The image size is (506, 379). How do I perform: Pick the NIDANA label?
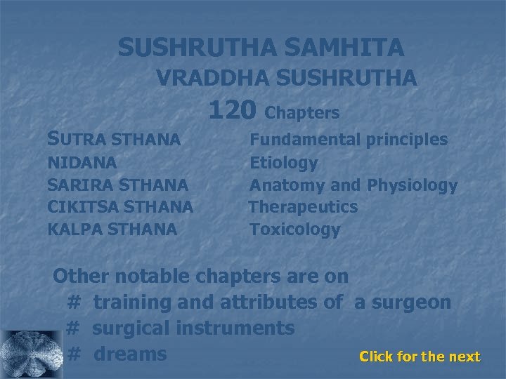pyautogui.click(x=82, y=163)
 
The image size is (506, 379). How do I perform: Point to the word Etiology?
pyautogui.click(x=284, y=163)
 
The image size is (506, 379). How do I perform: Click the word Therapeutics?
pyautogui.click(x=303, y=207)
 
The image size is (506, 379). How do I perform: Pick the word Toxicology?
pyautogui.click(x=295, y=229)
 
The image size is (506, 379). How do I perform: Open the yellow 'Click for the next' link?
pyautogui.click(x=420, y=357)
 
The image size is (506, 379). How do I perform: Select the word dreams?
pyautogui.click(x=129, y=354)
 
